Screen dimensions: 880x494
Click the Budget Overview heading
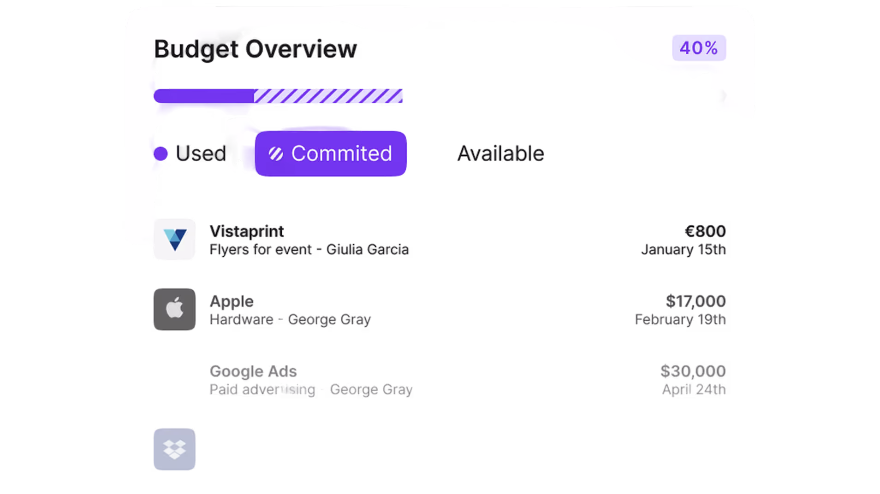(x=255, y=49)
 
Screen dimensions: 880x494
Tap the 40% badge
(x=699, y=48)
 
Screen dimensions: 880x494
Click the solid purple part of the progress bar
(x=204, y=96)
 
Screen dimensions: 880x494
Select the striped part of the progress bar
(x=328, y=96)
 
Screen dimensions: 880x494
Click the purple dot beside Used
(x=161, y=153)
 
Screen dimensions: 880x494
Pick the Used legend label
(x=200, y=153)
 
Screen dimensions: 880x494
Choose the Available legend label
(x=500, y=153)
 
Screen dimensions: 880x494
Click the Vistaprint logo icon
(x=175, y=239)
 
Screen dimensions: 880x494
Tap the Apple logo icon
(x=175, y=309)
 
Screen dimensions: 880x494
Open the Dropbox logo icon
(x=175, y=449)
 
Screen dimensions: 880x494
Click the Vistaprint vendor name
(x=247, y=231)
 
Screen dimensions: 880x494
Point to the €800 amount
(x=705, y=231)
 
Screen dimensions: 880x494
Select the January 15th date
(x=684, y=249)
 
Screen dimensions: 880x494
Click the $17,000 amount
(x=696, y=301)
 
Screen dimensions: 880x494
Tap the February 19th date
(x=680, y=319)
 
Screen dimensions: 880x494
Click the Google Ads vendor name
(x=253, y=371)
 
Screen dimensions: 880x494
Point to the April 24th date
(x=694, y=389)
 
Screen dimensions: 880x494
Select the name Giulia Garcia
(x=368, y=249)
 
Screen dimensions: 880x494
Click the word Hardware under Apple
(x=241, y=319)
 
